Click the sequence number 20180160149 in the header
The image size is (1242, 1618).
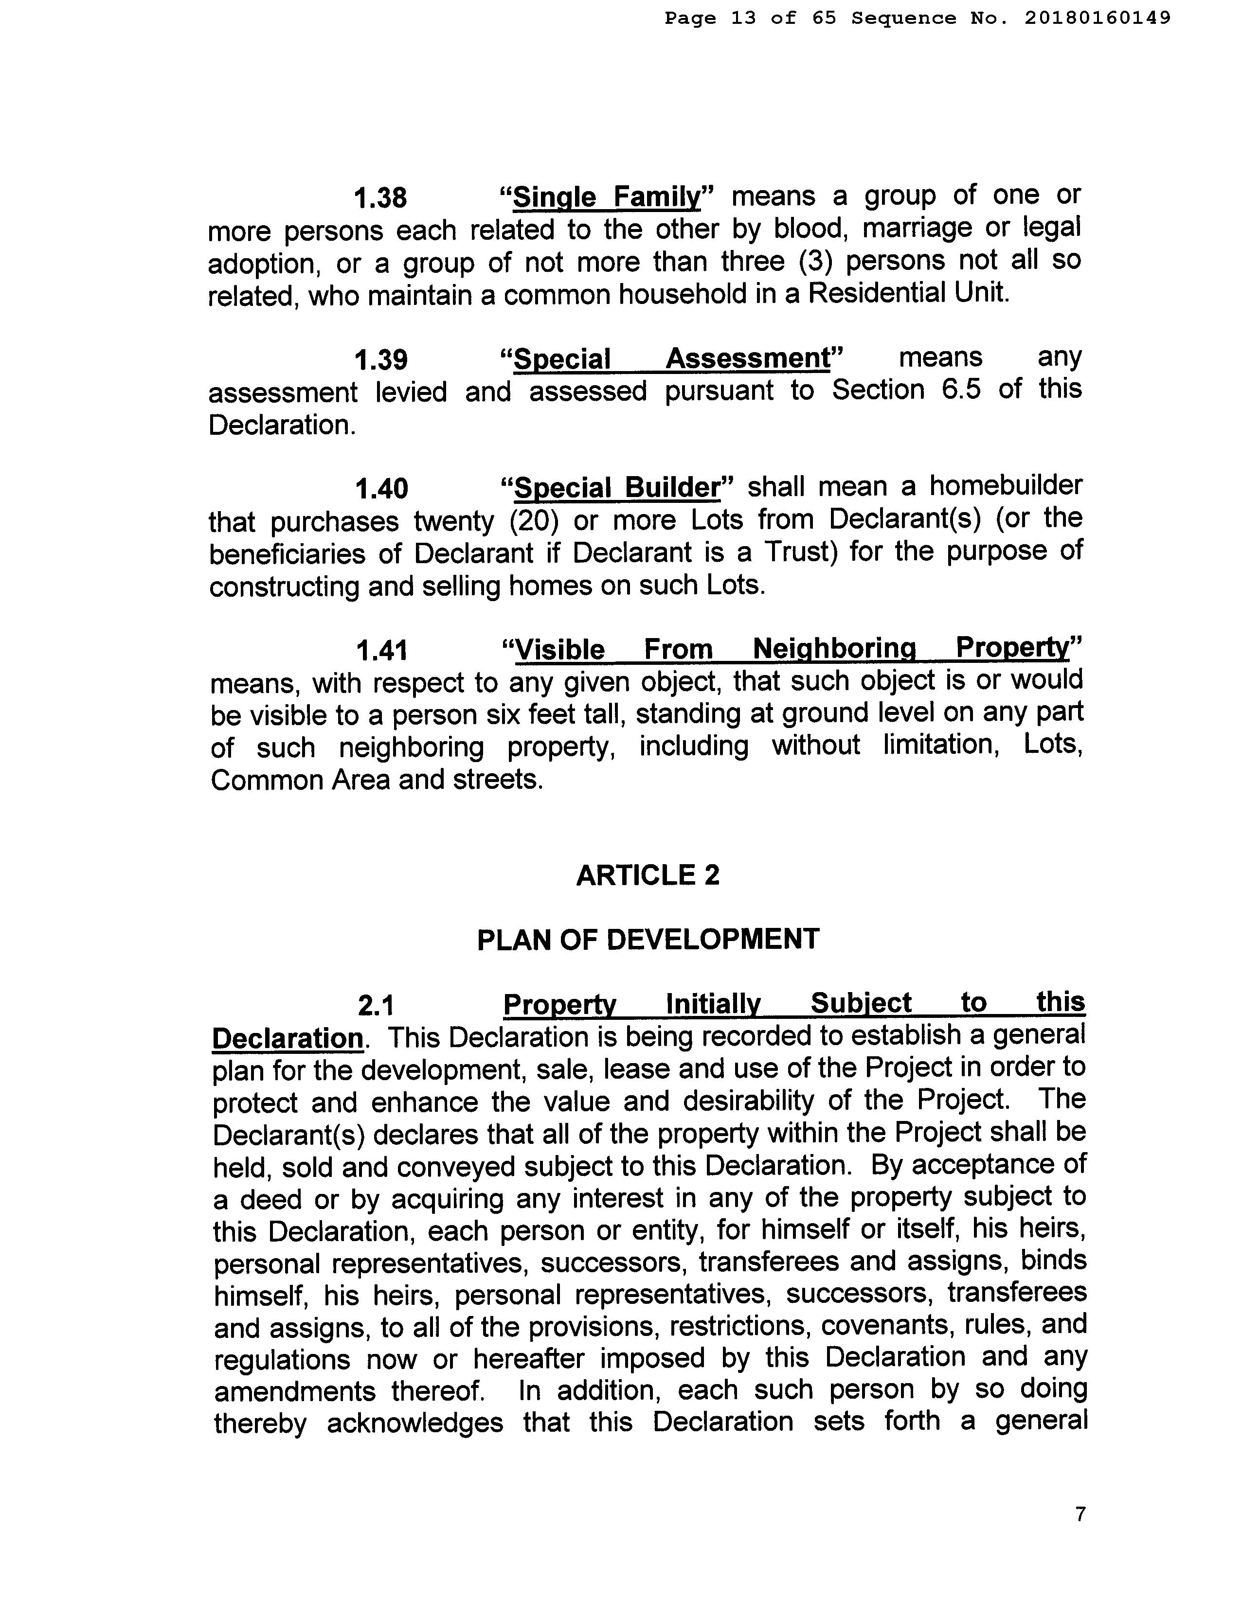click(1097, 18)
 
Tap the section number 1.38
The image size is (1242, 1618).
click(381, 198)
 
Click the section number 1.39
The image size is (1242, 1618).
click(381, 360)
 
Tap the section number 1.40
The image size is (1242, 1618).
click(381, 489)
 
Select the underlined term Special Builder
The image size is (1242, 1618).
click(616, 488)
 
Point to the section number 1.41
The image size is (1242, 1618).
click(381, 650)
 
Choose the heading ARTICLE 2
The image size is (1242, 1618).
click(648, 875)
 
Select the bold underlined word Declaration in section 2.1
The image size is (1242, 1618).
click(288, 1038)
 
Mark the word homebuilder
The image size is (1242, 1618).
click(1006, 486)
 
